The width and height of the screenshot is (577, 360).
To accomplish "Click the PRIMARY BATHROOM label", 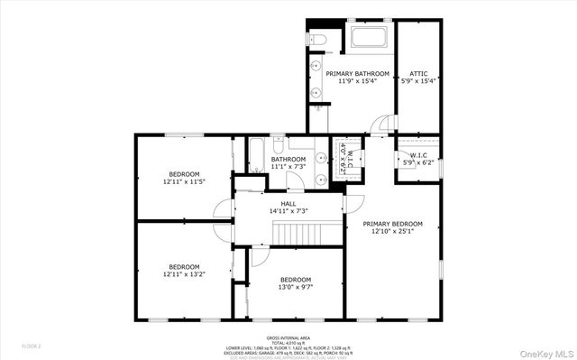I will [x=358, y=73].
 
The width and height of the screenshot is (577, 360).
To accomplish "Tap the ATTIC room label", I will [x=418, y=73].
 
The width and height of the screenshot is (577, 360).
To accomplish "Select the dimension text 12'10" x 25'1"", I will [x=392, y=231].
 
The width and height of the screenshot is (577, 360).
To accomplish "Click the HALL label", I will [x=288, y=204].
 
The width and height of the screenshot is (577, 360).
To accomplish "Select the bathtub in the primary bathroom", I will [x=370, y=38].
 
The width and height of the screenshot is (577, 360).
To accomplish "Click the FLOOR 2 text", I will [x=32, y=346].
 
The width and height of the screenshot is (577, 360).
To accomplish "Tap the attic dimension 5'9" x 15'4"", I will [x=418, y=80].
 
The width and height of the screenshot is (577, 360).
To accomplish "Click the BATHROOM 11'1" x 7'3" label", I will [x=288, y=162].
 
